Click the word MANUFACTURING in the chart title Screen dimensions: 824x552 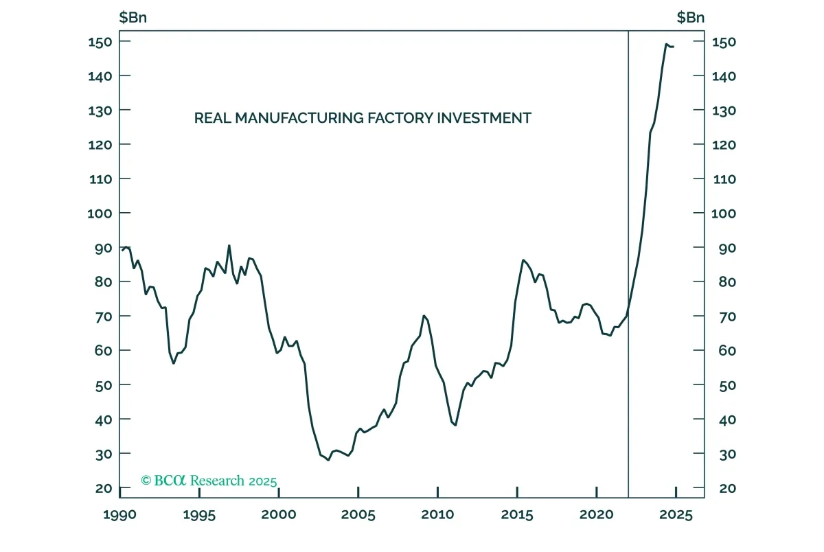299,118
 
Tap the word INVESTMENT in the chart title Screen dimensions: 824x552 484,118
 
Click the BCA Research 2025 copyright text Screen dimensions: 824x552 209,481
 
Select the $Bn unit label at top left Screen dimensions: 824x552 133,17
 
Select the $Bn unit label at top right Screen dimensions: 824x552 691,17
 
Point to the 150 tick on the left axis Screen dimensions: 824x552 100,42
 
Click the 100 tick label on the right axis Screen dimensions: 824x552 724,214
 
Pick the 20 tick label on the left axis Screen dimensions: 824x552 104,488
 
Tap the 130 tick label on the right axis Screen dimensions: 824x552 724,111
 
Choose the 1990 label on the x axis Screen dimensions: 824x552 119,515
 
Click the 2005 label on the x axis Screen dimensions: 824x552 358,515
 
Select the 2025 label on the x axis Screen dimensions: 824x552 676,515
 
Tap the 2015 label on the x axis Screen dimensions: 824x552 517,515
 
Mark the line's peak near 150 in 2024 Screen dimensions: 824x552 666,44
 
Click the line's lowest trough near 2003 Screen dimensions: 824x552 328,460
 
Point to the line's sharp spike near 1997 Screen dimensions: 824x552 229,245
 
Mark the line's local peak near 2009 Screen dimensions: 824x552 424,316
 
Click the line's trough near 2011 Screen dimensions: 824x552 455,425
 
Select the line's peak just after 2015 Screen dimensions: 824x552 523,260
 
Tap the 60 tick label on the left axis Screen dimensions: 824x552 104,351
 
